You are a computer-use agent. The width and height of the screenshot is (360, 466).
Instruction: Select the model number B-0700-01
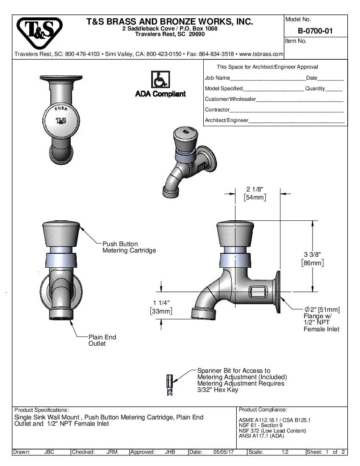tap(316, 31)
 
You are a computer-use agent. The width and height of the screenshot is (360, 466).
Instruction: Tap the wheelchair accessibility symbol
tap(160, 80)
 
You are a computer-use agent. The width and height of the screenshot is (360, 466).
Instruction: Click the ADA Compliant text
tap(160, 94)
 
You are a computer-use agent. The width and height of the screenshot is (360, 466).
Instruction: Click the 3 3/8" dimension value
tap(313, 254)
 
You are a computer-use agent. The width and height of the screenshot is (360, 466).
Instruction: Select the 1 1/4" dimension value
tap(161, 303)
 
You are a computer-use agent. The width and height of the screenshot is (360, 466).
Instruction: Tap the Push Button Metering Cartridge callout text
tap(129, 247)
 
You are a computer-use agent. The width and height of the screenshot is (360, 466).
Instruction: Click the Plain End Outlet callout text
tap(102, 340)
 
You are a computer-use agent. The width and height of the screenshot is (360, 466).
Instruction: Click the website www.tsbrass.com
tap(261, 54)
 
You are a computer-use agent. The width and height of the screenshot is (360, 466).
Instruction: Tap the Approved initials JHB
tap(170, 452)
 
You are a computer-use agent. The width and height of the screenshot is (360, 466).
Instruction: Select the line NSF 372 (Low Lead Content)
tap(272, 431)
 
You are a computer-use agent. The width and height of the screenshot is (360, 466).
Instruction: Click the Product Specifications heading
tap(42, 410)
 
